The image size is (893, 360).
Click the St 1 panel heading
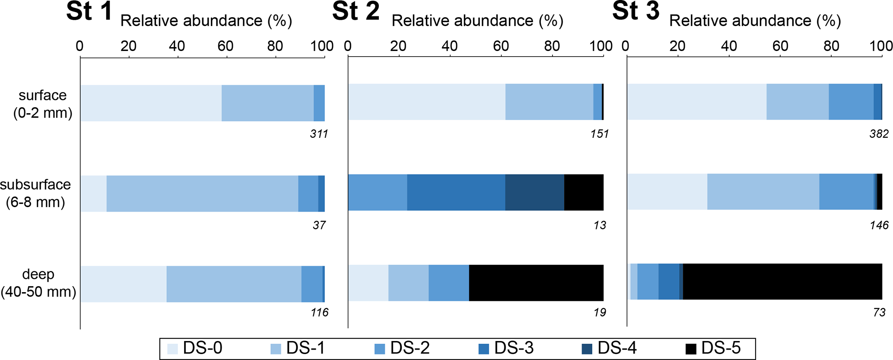[x=89, y=12]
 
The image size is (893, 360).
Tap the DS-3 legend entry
[x=505, y=348]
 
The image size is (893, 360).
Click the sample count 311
[x=319, y=134]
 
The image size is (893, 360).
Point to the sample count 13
[x=600, y=225]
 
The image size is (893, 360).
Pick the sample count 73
[x=879, y=312]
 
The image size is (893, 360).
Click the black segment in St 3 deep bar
[x=782, y=281]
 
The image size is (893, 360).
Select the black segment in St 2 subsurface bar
[x=584, y=192]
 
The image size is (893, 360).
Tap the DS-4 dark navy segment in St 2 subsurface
[x=534, y=192]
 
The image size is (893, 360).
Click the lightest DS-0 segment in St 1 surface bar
[x=151, y=103]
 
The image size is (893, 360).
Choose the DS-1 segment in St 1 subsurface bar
[x=202, y=194]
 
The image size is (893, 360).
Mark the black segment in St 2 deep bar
[x=536, y=283]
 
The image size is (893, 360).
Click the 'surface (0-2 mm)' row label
[x=43, y=104]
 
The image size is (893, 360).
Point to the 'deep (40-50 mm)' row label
[x=38, y=283]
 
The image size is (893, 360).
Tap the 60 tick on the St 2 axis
[x=501, y=46]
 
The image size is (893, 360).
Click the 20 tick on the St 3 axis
[x=677, y=46]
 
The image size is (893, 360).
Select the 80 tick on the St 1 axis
[x=275, y=46]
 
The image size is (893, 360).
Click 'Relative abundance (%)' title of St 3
[x=755, y=21]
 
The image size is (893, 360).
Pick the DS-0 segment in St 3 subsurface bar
[x=667, y=191]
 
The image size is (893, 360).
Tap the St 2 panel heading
[x=356, y=12]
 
